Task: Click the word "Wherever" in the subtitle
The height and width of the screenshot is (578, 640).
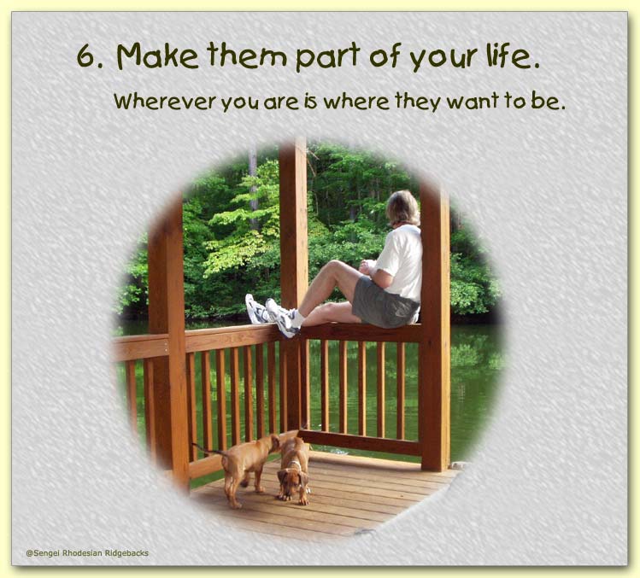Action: tap(165, 102)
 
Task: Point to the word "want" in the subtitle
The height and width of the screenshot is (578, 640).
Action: tap(473, 102)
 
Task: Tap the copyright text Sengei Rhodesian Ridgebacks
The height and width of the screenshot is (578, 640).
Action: tap(87, 553)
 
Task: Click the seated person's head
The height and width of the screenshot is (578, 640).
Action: tap(403, 208)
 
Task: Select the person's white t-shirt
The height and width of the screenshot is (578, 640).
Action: tap(401, 261)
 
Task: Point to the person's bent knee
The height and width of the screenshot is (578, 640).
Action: tap(332, 267)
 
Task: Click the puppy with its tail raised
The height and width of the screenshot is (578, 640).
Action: tap(238, 468)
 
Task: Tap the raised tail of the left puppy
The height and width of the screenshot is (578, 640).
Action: tap(209, 450)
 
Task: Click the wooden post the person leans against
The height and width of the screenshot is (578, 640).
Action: tap(436, 326)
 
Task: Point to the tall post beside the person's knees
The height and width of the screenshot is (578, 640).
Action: tap(293, 282)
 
